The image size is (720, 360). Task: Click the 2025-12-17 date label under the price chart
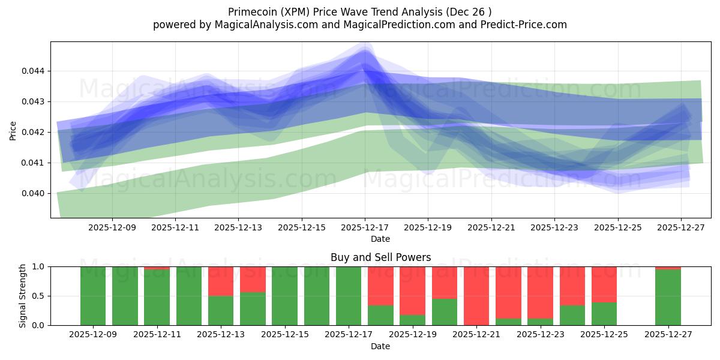[365, 228]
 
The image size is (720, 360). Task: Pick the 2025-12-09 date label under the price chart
[112, 228]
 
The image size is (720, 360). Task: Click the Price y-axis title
[13, 131]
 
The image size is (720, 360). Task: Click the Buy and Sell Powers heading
[380, 257]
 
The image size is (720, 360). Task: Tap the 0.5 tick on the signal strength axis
[38, 296]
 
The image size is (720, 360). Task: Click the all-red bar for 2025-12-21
[476, 296]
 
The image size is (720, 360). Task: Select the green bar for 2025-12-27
[668, 298]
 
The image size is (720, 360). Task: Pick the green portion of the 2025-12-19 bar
[412, 320]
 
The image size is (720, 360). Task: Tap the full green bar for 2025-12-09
[93, 296]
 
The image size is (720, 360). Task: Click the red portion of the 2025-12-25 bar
[604, 284]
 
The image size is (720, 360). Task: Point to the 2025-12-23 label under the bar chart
[540, 334]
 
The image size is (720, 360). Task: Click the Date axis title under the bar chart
[380, 346]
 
